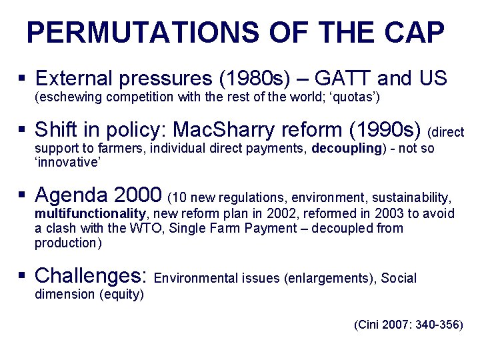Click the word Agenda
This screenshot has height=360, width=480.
(x=72, y=195)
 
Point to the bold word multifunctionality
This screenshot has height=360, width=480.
(x=90, y=214)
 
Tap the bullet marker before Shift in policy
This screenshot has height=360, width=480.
(x=23, y=129)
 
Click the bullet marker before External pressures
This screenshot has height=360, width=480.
(x=23, y=79)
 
